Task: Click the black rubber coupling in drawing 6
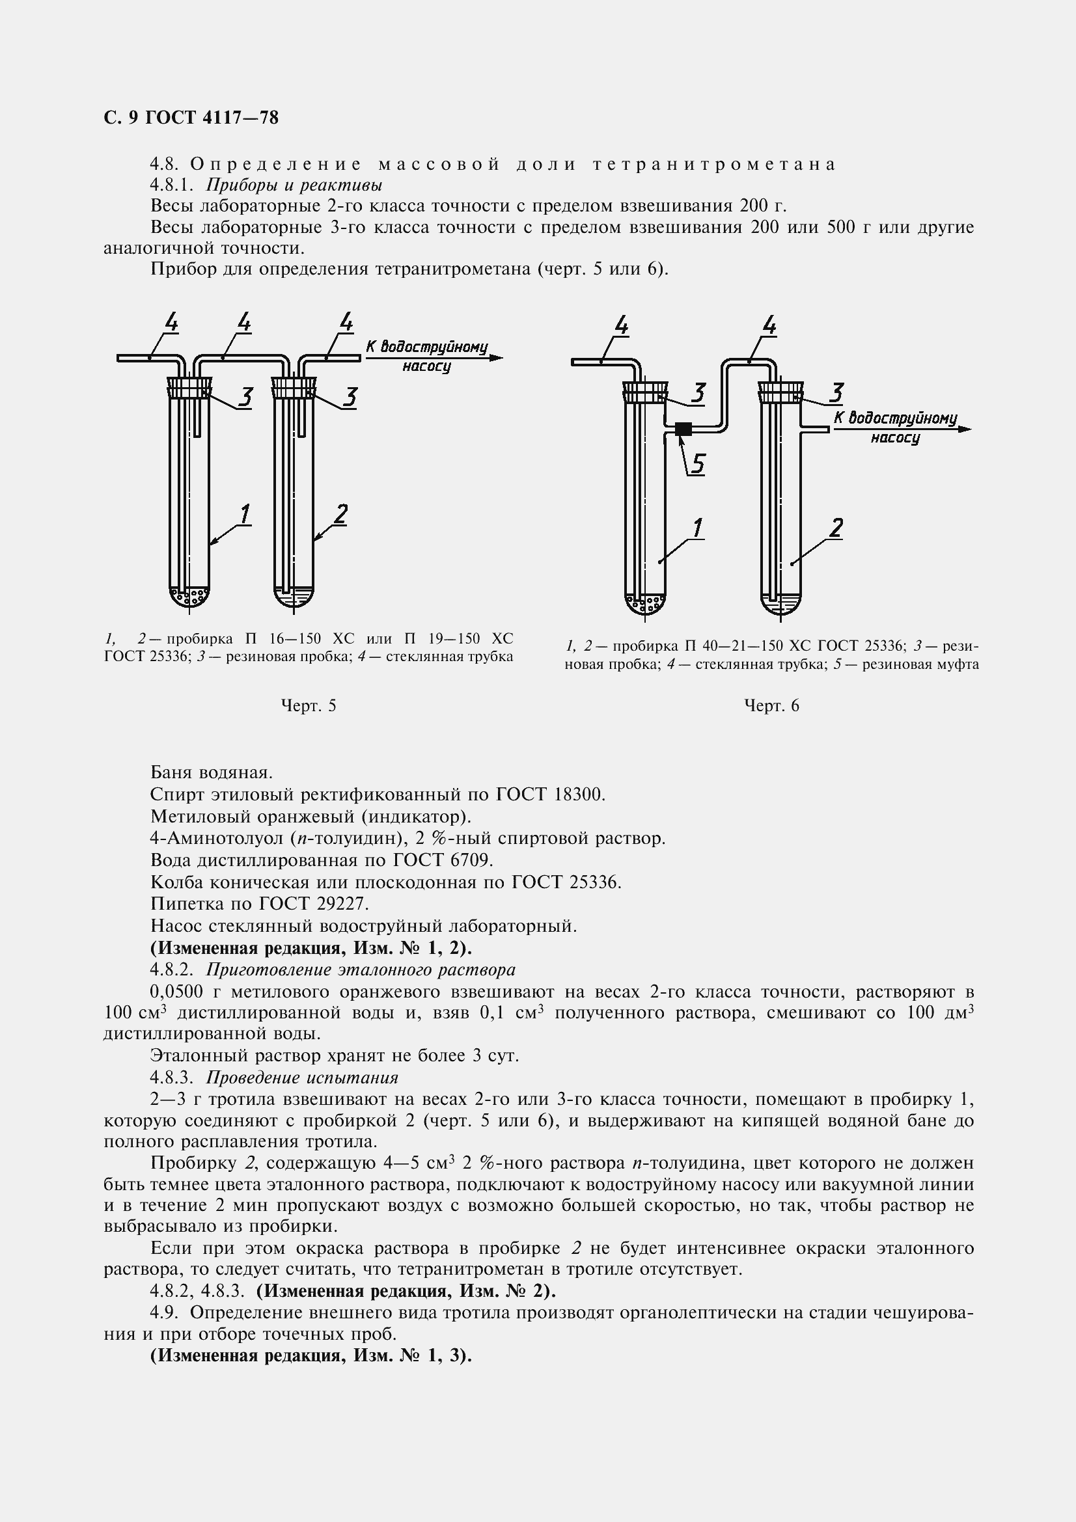click(x=683, y=429)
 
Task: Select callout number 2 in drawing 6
click(x=836, y=528)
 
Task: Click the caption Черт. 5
click(x=309, y=706)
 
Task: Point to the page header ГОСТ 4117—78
click(x=212, y=117)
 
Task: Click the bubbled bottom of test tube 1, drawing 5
click(x=189, y=597)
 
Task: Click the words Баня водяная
click(x=212, y=772)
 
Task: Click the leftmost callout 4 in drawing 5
click(x=171, y=323)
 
